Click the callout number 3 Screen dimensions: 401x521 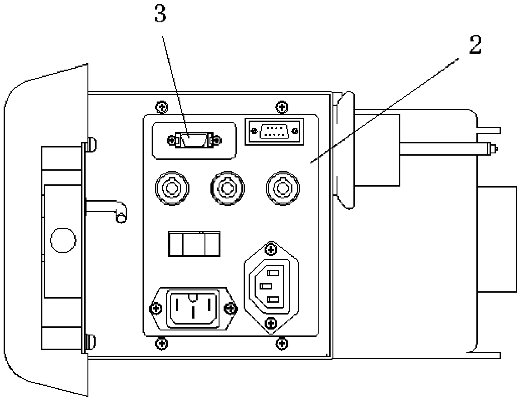160,15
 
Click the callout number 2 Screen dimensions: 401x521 474,46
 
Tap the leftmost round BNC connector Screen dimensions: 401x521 172,188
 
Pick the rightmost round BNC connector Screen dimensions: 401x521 282,188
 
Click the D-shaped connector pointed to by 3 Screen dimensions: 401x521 194,140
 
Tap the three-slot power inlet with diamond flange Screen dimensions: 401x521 271,287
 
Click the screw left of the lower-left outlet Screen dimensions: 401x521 156,309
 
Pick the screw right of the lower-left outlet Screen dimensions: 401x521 231,309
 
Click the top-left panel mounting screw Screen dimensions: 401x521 162,107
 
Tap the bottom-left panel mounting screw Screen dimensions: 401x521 162,342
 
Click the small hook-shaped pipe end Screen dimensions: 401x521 121,218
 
